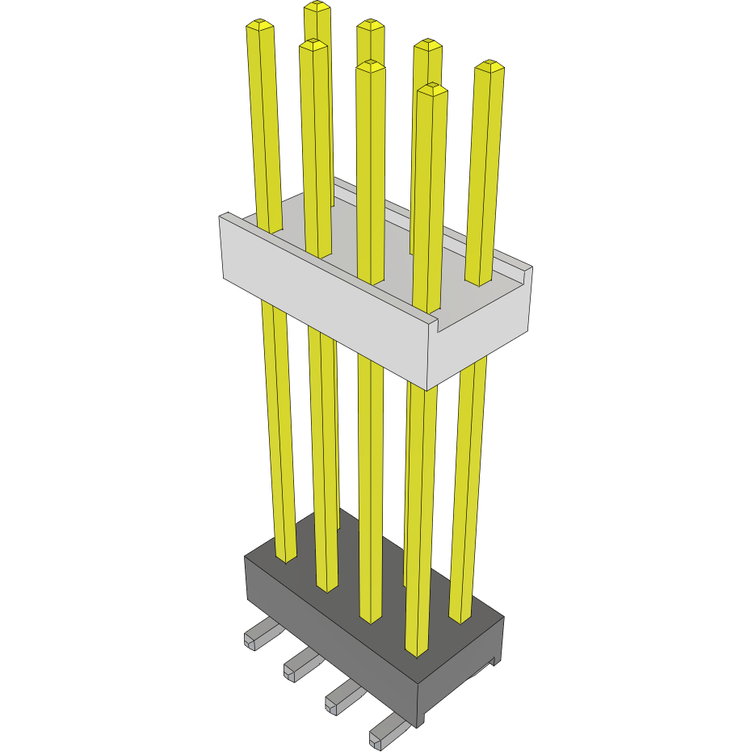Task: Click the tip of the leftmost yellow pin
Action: (259, 25)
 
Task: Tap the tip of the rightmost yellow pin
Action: (489, 65)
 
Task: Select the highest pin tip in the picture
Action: (317, 6)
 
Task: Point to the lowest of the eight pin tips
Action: (432, 89)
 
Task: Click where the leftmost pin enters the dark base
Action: (286, 556)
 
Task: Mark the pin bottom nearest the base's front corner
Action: (415, 649)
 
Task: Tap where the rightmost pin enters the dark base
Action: (460, 617)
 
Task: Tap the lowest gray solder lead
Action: (385, 733)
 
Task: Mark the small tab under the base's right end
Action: (485, 667)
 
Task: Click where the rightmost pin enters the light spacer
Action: (478, 283)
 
